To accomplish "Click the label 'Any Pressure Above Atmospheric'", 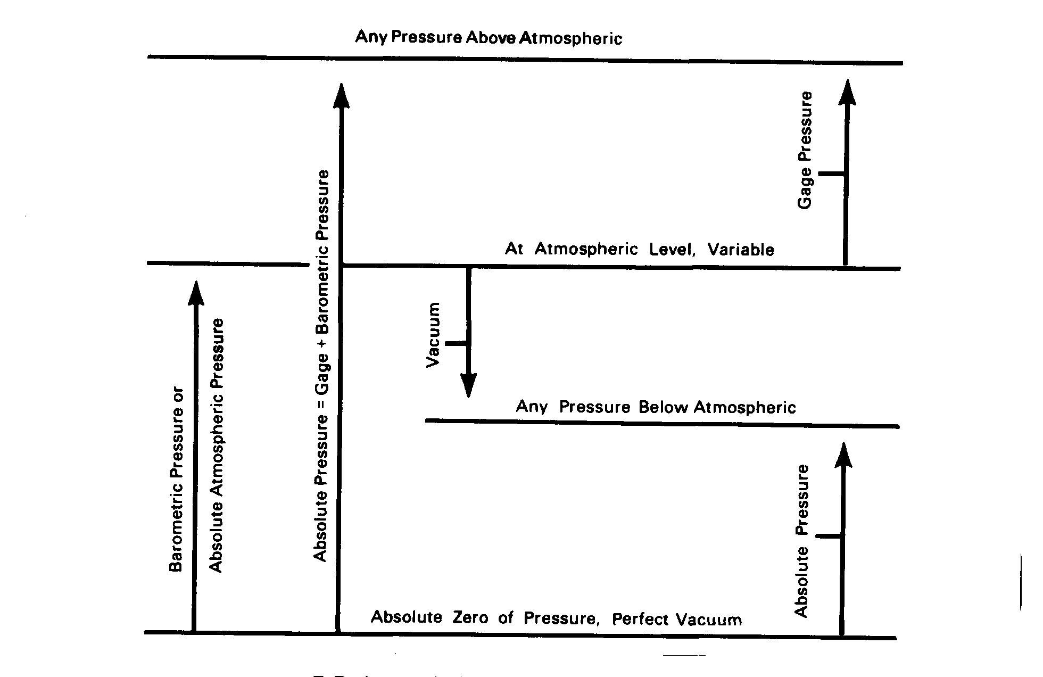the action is (489, 38).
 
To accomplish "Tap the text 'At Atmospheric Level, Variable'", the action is (639, 249).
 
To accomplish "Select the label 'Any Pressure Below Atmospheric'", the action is (656, 407).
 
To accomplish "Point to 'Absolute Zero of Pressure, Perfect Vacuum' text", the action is (556, 618).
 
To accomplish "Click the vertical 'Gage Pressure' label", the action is (805, 150).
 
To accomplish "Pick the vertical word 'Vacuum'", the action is (434, 334).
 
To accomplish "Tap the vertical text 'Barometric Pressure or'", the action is (176, 480).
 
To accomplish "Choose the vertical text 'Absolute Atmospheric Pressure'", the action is (216, 445).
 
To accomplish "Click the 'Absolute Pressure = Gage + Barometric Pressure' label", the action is (321, 366).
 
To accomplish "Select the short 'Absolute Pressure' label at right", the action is (802, 541).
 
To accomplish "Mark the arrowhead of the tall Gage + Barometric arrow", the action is (341, 96).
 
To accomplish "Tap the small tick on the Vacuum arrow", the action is (456, 343).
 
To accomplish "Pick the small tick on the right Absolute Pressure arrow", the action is (828, 536).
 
